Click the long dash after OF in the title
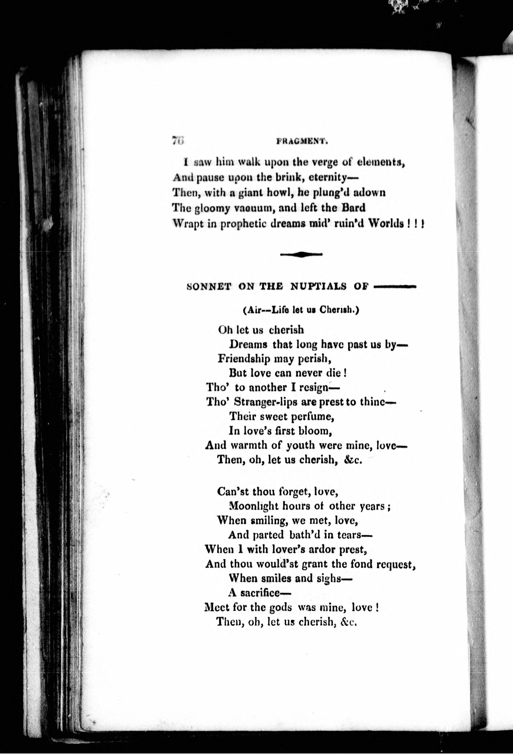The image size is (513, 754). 395,286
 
